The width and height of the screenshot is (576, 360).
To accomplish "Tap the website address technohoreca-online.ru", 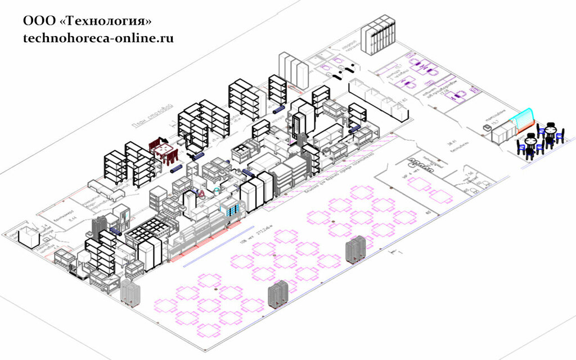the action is (x=98, y=38).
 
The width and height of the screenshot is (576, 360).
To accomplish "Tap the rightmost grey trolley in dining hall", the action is (x=356, y=250).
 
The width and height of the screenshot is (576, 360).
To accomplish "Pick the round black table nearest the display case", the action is (x=550, y=130).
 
